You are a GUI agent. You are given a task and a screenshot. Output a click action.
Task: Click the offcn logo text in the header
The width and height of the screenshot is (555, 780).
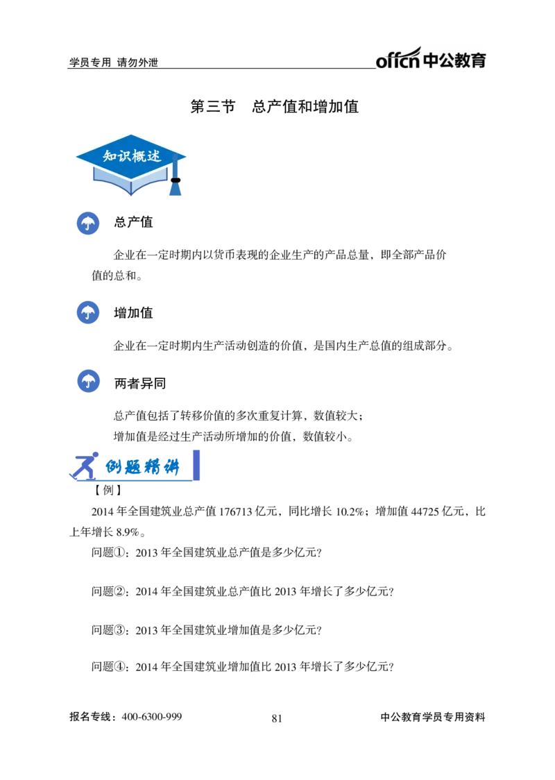pyautogui.click(x=398, y=59)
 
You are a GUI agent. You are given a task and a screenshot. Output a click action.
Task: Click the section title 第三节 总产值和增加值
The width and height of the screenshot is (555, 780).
pyautogui.click(x=275, y=106)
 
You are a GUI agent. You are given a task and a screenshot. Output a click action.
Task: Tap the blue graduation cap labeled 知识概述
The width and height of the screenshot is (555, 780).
pyautogui.click(x=131, y=164)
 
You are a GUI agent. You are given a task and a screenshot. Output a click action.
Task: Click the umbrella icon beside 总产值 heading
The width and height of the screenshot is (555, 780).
pyautogui.click(x=88, y=223)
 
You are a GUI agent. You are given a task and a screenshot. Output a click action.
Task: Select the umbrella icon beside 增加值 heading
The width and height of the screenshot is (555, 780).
pyautogui.click(x=88, y=313)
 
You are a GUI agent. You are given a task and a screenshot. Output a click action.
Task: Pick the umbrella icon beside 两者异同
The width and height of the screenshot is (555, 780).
pyautogui.click(x=89, y=382)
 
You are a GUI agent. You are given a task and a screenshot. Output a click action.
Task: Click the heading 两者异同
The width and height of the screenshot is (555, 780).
pyautogui.click(x=139, y=384)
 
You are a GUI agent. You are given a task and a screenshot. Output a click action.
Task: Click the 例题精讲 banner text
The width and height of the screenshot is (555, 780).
pyautogui.click(x=142, y=467)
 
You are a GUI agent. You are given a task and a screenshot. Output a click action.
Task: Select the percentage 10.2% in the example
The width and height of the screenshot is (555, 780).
pyautogui.click(x=350, y=511)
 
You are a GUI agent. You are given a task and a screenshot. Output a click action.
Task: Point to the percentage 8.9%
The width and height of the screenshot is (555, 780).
pyautogui.click(x=128, y=532)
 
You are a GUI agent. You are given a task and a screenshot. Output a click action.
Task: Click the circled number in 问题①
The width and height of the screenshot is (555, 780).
pyautogui.click(x=120, y=552)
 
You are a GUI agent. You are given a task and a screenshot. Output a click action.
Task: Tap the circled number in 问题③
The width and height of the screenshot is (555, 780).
pyautogui.click(x=120, y=630)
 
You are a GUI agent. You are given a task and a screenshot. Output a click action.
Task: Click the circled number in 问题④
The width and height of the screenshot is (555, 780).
pyautogui.click(x=120, y=667)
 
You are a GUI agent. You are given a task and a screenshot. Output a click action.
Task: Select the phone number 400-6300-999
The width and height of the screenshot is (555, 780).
pyautogui.click(x=152, y=717)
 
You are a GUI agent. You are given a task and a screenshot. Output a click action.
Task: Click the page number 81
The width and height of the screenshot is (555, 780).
pyautogui.click(x=277, y=718)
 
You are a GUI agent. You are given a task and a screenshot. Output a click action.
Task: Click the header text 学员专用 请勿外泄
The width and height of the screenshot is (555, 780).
pyautogui.click(x=113, y=62)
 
